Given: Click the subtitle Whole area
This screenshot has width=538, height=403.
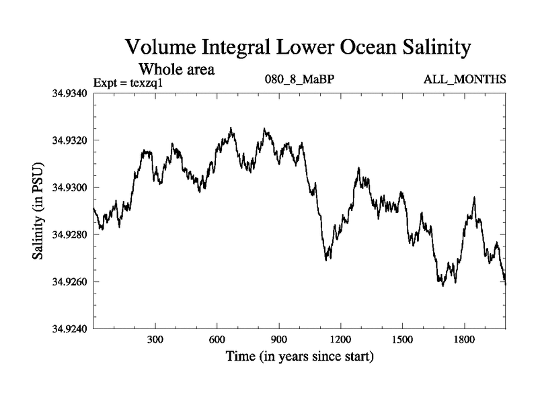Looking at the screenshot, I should pyautogui.click(x=176, y=69).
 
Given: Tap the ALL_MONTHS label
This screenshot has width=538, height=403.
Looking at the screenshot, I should pyautogui.click(x=464, y=80).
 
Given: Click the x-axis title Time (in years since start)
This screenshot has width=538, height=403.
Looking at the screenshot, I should pyautogui.click(x=299, y=357).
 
